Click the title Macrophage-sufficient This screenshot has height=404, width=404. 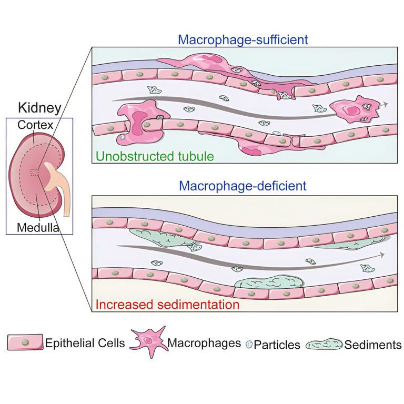coord(243,39)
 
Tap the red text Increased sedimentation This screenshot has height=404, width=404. coord(167,304)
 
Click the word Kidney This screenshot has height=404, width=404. coord(39,108)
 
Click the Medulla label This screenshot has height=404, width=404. coord(37,228)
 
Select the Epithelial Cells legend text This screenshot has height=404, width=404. coord(85,344)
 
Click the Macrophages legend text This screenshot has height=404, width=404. coord(204,344)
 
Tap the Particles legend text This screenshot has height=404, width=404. coord(277,345)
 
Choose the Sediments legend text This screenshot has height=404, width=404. coord(372,345)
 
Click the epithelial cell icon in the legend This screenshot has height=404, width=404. coord(25,343)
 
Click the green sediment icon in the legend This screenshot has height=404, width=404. coord(324,345)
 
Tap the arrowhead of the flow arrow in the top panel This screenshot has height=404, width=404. coord(386,104)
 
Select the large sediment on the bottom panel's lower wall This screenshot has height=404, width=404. coord(268,282)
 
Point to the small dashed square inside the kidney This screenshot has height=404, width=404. coord(35,173)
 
